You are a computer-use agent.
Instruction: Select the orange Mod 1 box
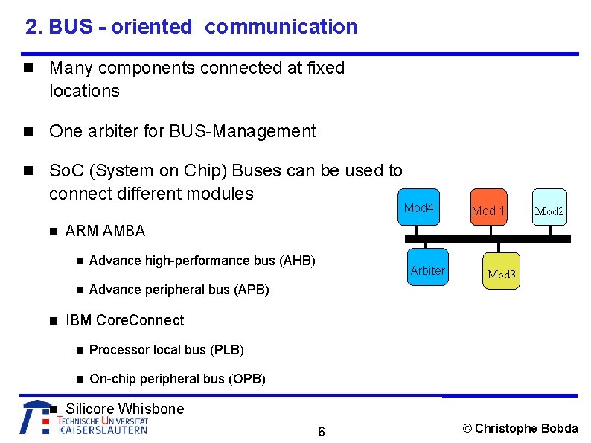(488, 211)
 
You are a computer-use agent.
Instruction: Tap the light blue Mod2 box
(549, 211)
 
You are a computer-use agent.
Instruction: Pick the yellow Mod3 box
(501, 274)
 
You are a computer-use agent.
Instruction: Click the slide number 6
(321, 432)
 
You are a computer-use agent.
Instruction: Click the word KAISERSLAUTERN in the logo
(103, 430)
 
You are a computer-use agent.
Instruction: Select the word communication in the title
(281, 27)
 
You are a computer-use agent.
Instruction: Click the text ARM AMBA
(106, 231)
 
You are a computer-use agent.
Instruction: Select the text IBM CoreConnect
(124, 320)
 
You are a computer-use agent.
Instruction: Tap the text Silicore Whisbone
(124, 408)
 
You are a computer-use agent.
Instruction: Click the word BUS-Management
(243, 132)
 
